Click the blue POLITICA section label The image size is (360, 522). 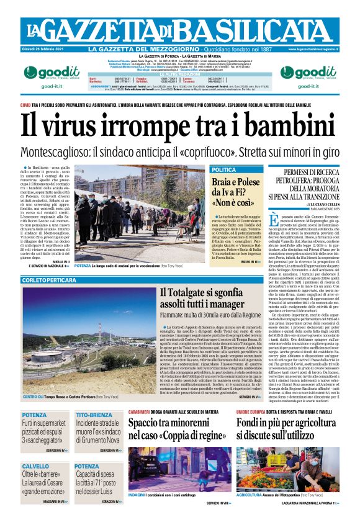224,170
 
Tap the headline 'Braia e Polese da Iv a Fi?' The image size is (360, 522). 236,192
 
